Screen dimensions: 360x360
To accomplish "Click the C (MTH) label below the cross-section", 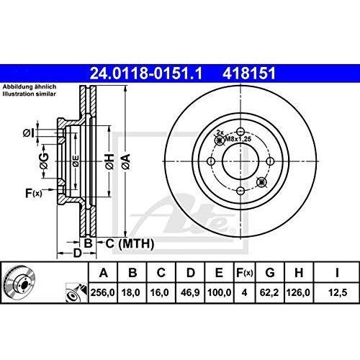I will [x=130, y=243].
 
